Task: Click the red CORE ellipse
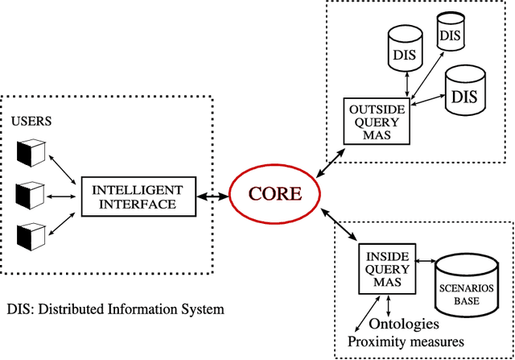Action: pyautogui.click(x=276, y=194)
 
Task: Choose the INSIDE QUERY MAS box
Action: pyautogui.click(x=386, y=268)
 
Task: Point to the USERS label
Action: pyautogui.click(x=31, y=122)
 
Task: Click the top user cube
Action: pyautogui.click(x=29, y=151)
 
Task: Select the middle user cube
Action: pyautogui.click(x=29, y=194)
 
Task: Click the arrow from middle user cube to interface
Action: pyautogui.click(x=63, y=196)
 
